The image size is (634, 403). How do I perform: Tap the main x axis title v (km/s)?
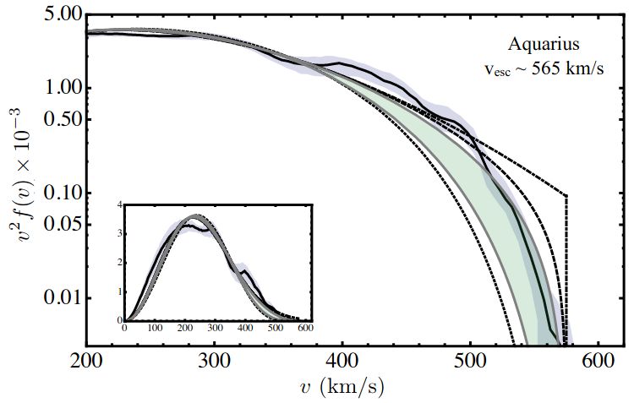pos(342,387)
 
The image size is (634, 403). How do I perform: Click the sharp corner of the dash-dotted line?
pos(567,196)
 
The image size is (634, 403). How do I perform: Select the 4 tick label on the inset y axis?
pos(120,204)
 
